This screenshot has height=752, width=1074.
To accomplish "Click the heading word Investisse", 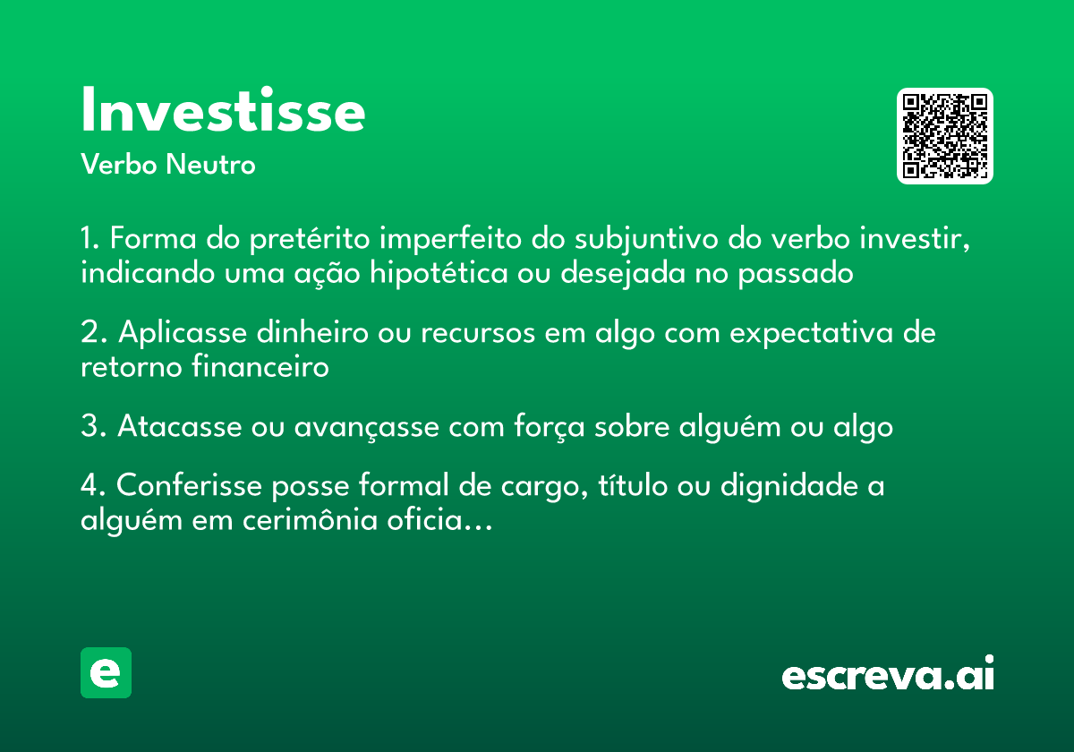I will click(223, 111).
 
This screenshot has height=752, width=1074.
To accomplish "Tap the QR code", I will click(945, 136).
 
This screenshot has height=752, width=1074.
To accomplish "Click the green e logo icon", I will click(106, 672).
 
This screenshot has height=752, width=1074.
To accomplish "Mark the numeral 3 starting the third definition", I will click(89, 427).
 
